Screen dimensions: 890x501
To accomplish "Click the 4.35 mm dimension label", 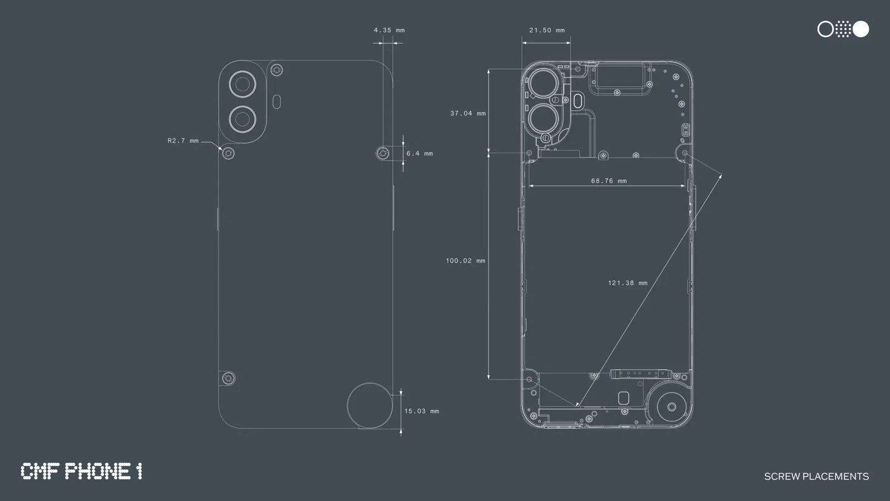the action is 389,30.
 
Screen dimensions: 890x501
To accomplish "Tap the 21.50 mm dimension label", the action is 547,30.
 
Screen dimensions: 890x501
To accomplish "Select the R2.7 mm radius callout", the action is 183,141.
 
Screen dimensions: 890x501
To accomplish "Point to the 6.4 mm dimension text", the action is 419,154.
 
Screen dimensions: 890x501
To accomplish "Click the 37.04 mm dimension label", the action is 468,114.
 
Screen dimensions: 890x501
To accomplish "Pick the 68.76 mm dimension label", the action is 609,181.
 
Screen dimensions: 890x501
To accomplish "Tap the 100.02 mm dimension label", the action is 466,261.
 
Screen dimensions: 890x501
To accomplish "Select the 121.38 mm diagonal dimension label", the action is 627,283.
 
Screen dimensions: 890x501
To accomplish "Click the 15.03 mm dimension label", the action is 422,411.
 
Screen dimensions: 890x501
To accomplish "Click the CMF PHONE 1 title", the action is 81,471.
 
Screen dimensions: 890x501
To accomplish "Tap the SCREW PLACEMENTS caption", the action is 816,477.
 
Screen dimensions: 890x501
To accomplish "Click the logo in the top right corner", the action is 843,29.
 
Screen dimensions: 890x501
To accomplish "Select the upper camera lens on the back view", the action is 243,85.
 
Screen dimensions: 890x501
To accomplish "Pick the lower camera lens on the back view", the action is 243,119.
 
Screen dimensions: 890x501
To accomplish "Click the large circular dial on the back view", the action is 370,406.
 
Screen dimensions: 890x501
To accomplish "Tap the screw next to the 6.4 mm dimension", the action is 383,153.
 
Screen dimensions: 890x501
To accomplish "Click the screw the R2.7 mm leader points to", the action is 228,153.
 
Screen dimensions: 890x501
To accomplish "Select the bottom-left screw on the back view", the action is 228,379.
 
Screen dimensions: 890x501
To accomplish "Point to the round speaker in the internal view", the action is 672,407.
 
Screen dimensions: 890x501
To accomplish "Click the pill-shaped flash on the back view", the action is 277,102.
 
